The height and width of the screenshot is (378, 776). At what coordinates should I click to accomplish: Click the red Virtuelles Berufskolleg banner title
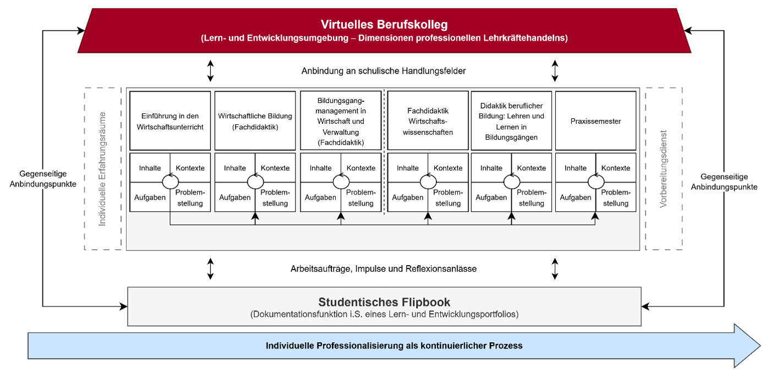tap(384, 25)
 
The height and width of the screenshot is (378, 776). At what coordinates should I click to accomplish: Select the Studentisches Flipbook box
tap(384, 306)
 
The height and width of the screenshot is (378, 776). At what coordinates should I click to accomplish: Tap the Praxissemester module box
tap(595, 121)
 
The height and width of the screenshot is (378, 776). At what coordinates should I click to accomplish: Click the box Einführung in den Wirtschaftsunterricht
tap(170, 121)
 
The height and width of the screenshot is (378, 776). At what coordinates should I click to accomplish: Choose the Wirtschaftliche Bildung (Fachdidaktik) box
tap(255, 121)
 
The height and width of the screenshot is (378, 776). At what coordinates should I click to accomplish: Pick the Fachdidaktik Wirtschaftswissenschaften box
tap(428, 121)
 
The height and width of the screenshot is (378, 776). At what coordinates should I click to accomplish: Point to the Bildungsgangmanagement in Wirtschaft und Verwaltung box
tap(341, 121)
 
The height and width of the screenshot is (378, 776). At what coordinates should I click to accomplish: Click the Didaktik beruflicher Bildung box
tap(511, 121)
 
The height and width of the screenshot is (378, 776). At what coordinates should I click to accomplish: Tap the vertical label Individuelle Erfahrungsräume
tap(102, 168)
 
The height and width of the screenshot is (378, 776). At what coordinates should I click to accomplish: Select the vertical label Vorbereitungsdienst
tap(664, 169)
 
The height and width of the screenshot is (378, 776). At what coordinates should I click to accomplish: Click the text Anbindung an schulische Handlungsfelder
tap(384, 72)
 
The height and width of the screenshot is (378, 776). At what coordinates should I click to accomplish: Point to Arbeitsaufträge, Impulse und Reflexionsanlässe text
tap(384, 269)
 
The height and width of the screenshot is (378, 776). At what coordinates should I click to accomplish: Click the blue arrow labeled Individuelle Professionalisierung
tap(394, 346)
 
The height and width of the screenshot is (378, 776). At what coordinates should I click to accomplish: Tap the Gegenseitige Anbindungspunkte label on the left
tap(43, 178)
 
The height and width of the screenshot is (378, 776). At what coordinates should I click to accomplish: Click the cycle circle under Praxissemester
tap(595, 182)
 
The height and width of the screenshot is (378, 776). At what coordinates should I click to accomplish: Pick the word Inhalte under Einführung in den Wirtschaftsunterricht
tap(150, 168)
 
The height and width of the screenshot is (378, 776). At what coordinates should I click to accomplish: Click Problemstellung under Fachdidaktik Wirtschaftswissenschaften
tap(448, 198)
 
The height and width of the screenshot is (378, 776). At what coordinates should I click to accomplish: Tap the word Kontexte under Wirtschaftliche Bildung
tap(275, 168)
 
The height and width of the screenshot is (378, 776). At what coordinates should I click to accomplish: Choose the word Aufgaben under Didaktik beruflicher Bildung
tap(491, 198)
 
